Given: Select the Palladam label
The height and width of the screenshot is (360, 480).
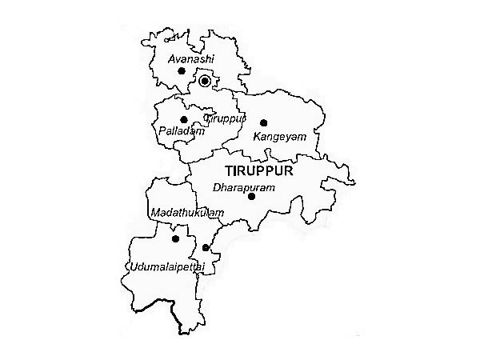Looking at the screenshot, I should tap(182, 130).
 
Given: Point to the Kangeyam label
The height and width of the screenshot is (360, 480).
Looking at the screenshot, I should tap(279, 137).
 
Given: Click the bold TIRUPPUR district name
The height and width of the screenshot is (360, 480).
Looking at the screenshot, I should tap(259, 171).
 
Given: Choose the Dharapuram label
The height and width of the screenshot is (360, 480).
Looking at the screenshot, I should tap(244, 187).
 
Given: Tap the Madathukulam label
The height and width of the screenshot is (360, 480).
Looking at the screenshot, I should tap(186, 213).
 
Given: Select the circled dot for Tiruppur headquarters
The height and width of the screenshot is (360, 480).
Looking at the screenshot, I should tap(205, 81).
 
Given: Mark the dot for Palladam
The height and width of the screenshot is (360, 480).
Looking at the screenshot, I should tap(184, 120).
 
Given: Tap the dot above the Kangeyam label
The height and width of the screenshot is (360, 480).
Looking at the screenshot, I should tap(263, 123).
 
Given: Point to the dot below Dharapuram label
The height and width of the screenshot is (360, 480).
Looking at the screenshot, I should tap(251, 196).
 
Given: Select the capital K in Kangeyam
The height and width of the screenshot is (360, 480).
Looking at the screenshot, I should tap(256, 137).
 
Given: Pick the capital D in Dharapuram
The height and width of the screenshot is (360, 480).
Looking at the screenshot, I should tap(217, 187).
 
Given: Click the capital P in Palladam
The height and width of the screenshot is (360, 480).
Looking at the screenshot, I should tap(164, 130).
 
